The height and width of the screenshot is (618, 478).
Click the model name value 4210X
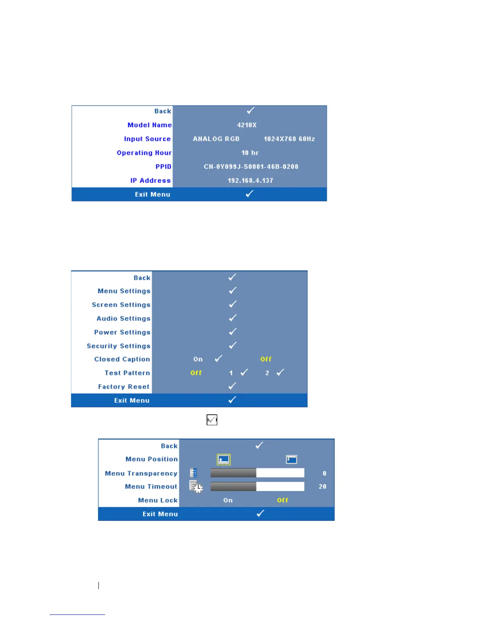click(247, 125)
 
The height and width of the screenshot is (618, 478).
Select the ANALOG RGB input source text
click(216, 139)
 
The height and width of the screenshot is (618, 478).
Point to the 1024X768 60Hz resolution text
click(289, 139)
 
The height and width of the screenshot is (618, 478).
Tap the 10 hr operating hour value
click(250, 153)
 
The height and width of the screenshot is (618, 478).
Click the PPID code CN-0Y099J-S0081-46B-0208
click(251, 167)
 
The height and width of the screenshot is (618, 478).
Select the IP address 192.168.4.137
click(250, 181)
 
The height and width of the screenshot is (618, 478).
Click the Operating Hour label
click(144, 153)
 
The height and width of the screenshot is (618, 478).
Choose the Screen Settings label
click(121, 305)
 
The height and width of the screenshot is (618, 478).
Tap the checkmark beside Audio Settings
click(233, 318)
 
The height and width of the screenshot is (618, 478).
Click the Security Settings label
click(118, 346)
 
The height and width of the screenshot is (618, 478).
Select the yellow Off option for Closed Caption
click(266, 359)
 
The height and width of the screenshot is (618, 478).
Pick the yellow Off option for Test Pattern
click(196, 373)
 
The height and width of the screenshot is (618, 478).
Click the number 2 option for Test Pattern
click(267, 373)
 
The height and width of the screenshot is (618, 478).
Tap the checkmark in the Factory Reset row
click(232, 386)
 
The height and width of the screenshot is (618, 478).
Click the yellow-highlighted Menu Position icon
click(224, 460)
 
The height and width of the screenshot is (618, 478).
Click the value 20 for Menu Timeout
click(322, 487)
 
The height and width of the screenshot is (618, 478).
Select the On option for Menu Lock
click(228, 500)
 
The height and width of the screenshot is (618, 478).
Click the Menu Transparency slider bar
click(257, 473)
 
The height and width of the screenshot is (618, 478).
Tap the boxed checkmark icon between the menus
click(212, 420)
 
